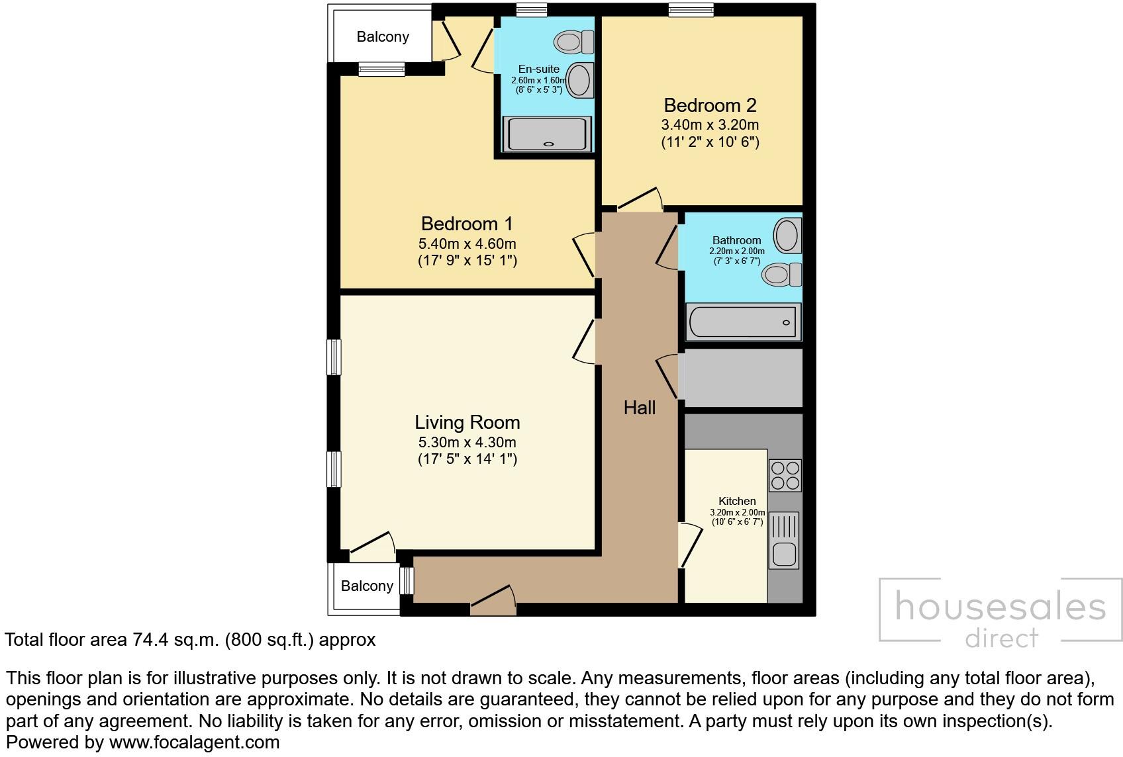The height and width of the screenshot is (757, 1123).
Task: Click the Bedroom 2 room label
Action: [x=710, y=105]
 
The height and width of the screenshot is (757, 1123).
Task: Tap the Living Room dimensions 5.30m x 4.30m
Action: [x=467, y=442]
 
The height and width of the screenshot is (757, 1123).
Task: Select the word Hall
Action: [x=640, y=408]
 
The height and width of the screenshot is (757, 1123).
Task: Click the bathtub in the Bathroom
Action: [x=742, y=322]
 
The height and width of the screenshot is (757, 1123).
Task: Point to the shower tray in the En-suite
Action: [x=546, y=134]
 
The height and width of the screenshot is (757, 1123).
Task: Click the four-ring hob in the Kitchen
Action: [x=785, y=475]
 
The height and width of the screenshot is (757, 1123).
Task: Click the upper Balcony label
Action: [x=383, y=37]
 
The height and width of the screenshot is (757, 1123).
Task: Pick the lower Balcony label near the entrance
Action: [x=367, y=586]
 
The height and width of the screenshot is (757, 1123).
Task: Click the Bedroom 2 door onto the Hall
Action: [x=639, y=200]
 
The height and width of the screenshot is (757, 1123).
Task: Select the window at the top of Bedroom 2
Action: [x=691, y=9]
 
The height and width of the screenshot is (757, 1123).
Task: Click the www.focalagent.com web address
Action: [x=194, y=742]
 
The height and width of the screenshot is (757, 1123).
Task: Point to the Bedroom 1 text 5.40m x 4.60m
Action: [x=467, y=244]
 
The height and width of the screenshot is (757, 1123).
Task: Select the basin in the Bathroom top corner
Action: [x=787, y=234]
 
